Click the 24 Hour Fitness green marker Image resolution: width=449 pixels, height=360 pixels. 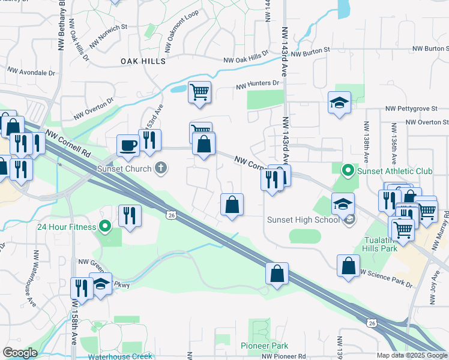pos(105,227)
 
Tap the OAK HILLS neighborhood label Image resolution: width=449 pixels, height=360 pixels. pos(143,61)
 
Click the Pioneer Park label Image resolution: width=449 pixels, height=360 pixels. pos(264,346)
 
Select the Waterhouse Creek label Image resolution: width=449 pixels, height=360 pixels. pos(121,356)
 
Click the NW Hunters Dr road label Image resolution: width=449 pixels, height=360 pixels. pos(258,85)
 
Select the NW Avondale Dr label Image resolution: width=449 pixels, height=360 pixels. pos(31,72)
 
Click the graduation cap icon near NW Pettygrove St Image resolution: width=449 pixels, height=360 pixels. pos(339,102)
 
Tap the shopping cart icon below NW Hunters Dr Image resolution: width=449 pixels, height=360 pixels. pos(199,92)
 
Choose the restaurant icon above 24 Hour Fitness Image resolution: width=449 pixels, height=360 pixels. pos(129,215)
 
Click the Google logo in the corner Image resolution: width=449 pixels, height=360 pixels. pos(20,353)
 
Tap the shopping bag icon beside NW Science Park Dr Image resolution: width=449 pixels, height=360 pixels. pos(348,265)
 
